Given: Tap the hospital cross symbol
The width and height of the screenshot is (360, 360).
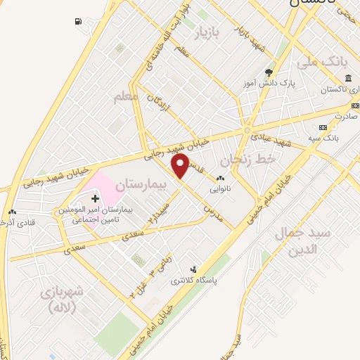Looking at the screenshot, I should pyautogui.click(x=96, y=199).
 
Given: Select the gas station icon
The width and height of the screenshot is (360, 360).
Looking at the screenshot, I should pyautogui.click(x=77, y=21).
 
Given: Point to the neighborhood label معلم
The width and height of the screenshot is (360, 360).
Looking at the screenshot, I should pyautogui.click(x=126, y=95).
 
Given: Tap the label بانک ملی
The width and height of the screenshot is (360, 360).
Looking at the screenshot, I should pyautogui.click(x=323, y=63).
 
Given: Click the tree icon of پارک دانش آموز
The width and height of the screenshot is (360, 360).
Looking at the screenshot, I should pyautogui.click(x=268, y=72).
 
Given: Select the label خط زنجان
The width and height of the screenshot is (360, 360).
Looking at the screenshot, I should pyautogui.click(x=265, y=162).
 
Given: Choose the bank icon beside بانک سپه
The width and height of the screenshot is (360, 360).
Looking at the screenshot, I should pyautogui.click(x=323, y=127).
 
